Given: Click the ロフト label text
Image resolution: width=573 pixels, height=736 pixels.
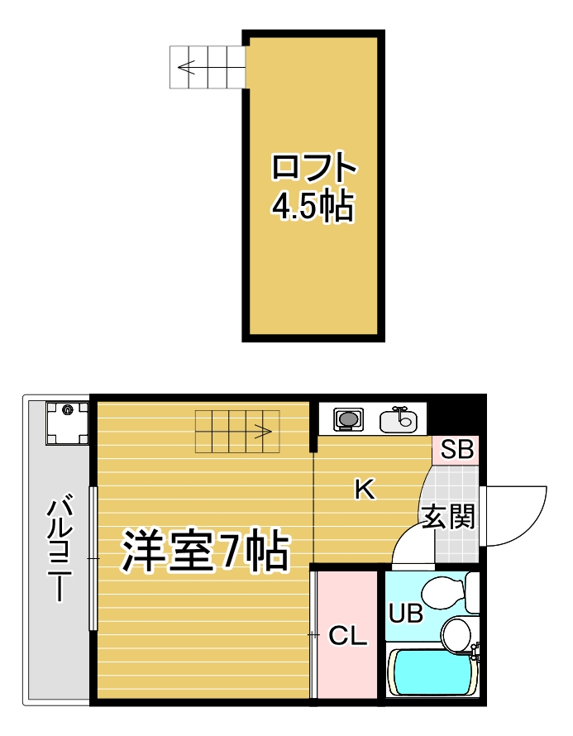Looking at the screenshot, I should [314, 169].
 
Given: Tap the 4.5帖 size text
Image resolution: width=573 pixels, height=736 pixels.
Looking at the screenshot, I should [314, 207].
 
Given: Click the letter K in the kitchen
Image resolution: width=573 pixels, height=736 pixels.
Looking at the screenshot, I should [364, 490].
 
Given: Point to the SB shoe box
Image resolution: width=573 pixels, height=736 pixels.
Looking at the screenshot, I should [456, 451].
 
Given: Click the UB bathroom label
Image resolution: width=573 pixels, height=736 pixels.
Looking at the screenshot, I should [406, 614].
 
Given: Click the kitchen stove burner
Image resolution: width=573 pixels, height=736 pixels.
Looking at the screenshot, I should [348, 420].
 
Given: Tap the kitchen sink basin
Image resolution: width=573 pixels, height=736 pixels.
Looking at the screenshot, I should [399, 421].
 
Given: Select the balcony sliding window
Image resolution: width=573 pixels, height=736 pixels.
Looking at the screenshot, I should [93, 559].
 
